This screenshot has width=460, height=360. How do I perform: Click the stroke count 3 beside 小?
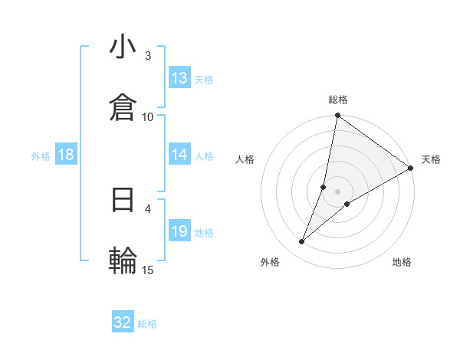(x=148, y=56)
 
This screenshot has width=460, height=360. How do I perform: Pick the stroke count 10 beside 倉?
(x=148, y=116)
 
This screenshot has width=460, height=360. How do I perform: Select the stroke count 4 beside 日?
(x=148, y=208)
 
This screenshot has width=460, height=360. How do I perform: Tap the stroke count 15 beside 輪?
(x=148, y=269)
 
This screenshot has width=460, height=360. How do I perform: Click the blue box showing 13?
(x=179, y=78)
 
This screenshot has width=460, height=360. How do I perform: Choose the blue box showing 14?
(x=179, y=155)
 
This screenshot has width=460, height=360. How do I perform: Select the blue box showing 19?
(x=179, y=231)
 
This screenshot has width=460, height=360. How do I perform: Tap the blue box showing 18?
(x=66, y=155)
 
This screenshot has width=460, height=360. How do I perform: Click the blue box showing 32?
(x=123, y=322)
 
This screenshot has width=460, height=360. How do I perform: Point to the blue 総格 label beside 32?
(x=147, y=324)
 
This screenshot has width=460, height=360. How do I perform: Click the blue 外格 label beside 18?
(x=41, y=156)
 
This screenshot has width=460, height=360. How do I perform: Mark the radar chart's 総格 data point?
(x=337, y=116)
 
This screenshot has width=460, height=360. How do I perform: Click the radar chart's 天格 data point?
(x=410, y=169)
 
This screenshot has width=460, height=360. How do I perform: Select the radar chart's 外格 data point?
(x=302, y=242)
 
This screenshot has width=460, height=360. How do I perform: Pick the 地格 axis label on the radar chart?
(x=402, y=262)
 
